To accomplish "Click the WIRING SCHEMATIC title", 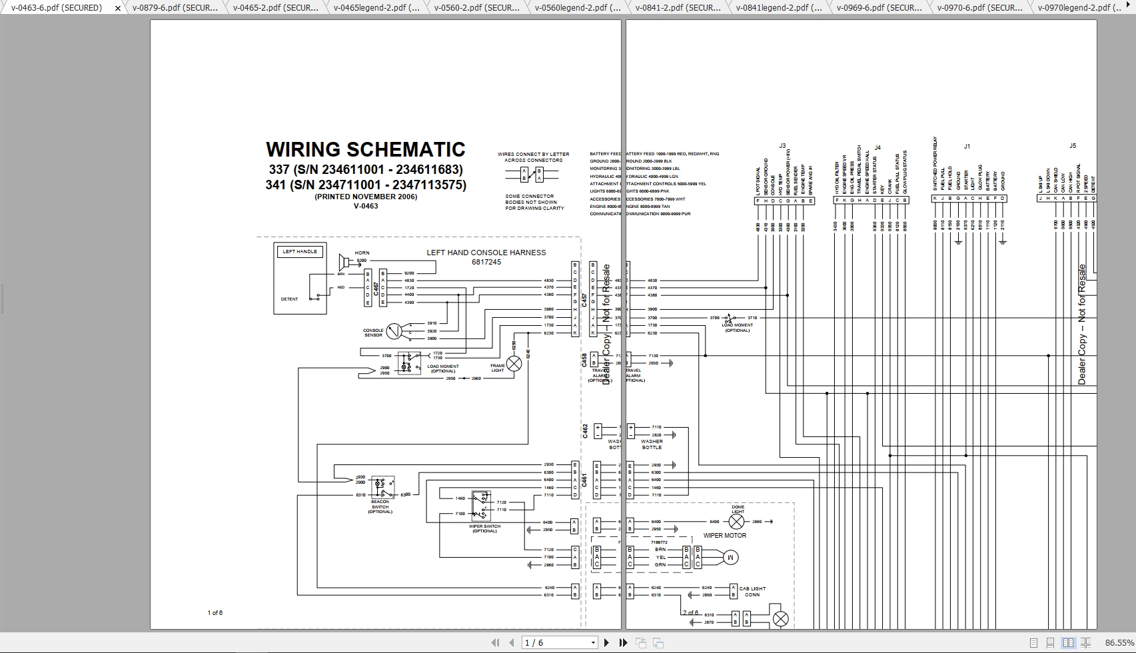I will pyautogui.click(x=365, y=149).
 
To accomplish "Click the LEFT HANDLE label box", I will pyautogui.click(x=300, y=251).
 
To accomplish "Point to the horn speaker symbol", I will pyautogui.click(x=345, y=261).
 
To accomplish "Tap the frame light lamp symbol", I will pyautogui.click(x=514, y=363).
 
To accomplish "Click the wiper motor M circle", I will pyautogui.click(x=730, y=557).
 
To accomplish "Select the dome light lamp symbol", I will pyautogui.click(x=736, y=522).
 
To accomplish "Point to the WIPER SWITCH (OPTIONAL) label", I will pyautogui.click(x=484, y=528).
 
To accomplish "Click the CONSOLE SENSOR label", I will pyautogui.click(x=373, y=332).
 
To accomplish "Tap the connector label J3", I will pyautogui.click(x=782, y=145).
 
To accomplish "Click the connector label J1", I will pyautogui.click(x=967, y=145).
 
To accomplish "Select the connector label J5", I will pyautogui.click(x=1072, y=145).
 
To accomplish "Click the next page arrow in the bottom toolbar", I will pyautogui.click(x=606, y=642).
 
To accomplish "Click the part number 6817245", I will pyautogui.click(x=486, y=262).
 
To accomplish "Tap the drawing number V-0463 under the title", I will pyautogui.click(x=365, y=206).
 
